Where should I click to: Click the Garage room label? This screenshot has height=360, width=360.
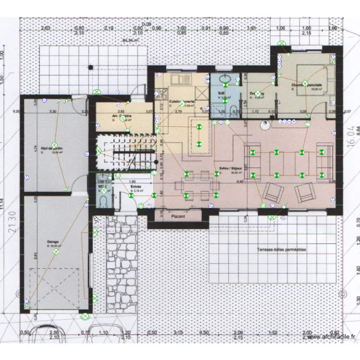(x=53, y=241)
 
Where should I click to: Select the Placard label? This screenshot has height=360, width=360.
(x=178, y=216)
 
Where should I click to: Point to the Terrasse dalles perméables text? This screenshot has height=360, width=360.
(x=281, y=250)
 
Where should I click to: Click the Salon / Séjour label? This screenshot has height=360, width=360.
(x=229, y=169)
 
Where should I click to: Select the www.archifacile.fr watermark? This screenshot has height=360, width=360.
(x=332, y=337)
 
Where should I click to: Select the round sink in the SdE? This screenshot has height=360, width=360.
(x=224, y=79)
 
